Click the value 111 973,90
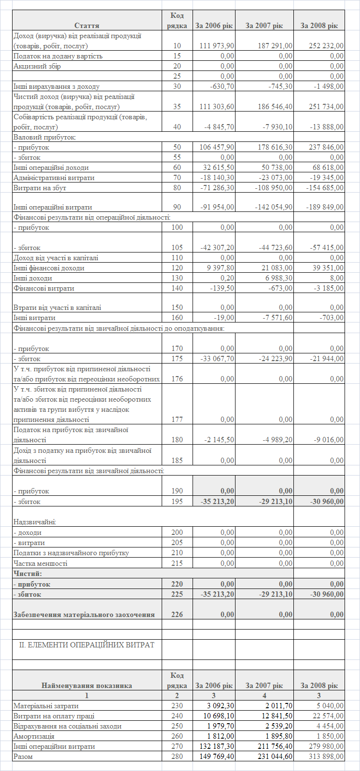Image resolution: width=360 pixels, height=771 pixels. point(217,46)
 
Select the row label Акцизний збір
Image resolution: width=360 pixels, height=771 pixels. point(37,66)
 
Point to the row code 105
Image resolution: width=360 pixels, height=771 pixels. point(177,248)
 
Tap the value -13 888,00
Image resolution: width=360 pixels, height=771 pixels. point(326,127)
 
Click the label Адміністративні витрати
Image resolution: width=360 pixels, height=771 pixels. point(54,178)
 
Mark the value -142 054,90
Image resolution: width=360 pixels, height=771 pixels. point(274,207)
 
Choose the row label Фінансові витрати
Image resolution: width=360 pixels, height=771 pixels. point(44,288)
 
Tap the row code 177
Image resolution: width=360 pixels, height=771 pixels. point(177,420)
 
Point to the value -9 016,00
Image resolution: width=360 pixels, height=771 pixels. point(328,440)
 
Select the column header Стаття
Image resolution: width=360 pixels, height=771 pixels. point(87,26)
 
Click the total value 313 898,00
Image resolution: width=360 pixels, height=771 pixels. point(326,757)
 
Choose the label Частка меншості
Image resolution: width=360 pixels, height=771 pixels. point(41,563)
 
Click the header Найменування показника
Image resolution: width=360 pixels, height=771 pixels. point(87,686)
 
